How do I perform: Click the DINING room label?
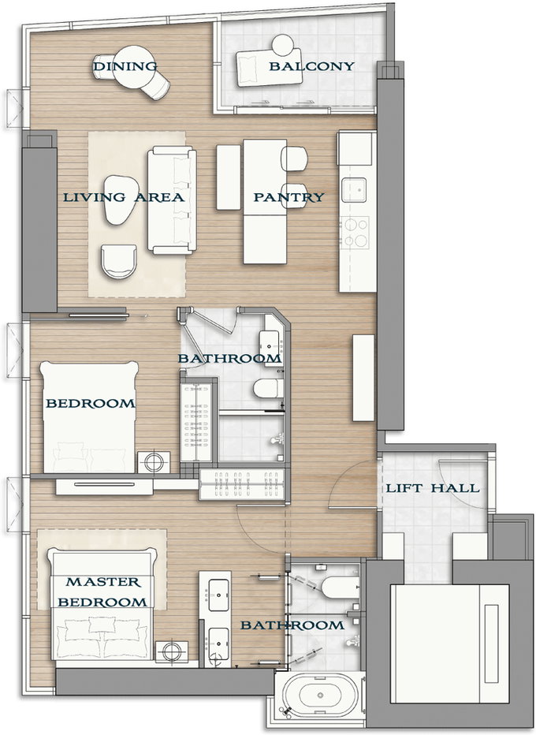pos(125,66)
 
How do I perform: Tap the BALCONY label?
pos(311,66)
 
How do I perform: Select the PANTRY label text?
pos(288,197)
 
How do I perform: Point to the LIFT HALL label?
pos(433,488)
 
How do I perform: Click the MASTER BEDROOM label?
pos(102,592)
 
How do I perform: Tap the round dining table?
pos(135,66)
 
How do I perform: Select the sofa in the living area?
pos(172,200)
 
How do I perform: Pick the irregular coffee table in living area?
pos(121,200)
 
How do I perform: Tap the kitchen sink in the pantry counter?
pos(354,190)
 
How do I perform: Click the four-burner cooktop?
pos(355,233)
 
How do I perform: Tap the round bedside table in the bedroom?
pos(154,462)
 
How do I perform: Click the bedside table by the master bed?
pos(172,651)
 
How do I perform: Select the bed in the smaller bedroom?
pos(89,416)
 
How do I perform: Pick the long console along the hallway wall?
pos(363,378)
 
